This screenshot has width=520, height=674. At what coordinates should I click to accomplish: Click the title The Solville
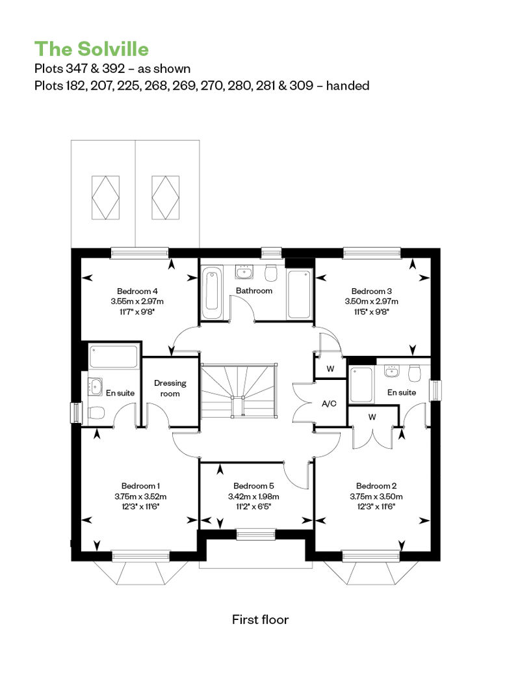click(92, 49)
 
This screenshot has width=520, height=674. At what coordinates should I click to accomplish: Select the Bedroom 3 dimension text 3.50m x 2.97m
click(371, 301)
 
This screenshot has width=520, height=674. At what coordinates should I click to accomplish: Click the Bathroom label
click(253, 291)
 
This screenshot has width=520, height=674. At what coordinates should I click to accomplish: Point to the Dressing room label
click(170, 388)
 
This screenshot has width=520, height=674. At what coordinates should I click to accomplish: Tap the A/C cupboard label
click(329, 403)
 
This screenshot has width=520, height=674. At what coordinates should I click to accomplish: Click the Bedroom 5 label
click(253, 486)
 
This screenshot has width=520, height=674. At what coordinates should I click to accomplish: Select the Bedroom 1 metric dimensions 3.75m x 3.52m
click(140, 496)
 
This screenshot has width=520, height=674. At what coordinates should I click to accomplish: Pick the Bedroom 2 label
click(376, 486)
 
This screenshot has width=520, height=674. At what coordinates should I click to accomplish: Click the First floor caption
click(260, 619)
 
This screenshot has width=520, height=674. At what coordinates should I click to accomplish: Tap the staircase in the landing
click(239, 390)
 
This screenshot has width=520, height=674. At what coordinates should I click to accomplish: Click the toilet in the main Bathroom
click(271, 272)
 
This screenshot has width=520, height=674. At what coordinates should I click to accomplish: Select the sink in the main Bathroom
click(244, 272)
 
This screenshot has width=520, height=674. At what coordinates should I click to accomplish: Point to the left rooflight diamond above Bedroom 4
click(106, 197)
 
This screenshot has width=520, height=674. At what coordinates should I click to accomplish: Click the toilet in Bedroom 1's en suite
click(96, 412)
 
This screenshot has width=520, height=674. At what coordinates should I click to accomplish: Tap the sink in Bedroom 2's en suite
click(391, 371)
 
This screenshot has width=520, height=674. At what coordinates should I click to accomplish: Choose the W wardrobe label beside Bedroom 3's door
click(330, 369)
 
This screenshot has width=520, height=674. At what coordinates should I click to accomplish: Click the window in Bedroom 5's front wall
click(255, 535)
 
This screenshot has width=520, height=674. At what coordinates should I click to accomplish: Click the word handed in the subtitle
click(348, 85)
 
